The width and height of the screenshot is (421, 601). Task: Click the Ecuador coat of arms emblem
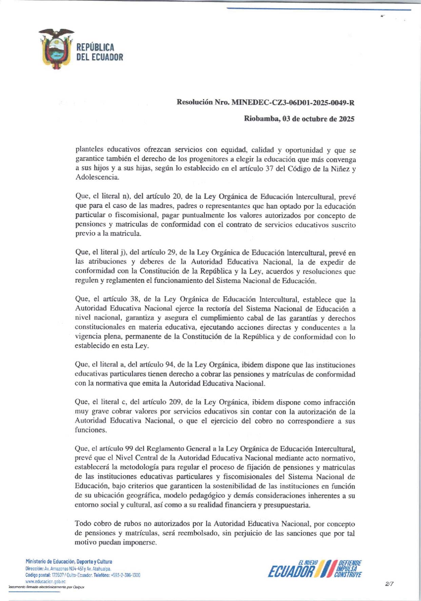tap(56, 49)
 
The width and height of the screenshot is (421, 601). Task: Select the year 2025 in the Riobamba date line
tap(346, 119)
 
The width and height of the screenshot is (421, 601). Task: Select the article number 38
tap(134, 299)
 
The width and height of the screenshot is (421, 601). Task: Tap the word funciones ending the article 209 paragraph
tap(90, 430)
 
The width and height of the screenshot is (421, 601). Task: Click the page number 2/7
tap(389, 584)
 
